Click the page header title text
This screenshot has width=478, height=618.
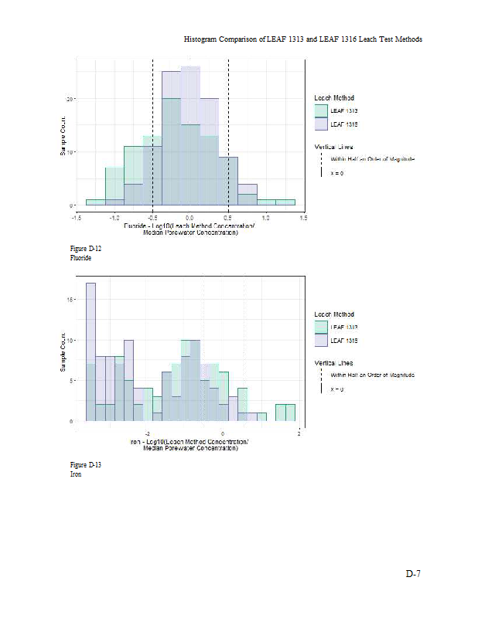(303, 39)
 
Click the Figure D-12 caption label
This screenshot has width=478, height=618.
(86, 249)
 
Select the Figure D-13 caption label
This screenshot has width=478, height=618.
(86, 465)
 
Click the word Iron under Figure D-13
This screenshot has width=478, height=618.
(76, 474)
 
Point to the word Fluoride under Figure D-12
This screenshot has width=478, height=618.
(80, 258)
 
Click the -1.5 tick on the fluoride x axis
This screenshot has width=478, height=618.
(77, 218)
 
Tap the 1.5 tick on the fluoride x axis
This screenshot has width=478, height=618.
(303, 218)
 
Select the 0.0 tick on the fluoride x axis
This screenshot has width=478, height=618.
(191, 218)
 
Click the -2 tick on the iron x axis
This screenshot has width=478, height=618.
(147, 434)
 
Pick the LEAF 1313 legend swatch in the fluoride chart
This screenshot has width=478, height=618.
(321, 111)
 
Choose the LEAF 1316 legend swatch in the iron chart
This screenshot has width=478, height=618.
(321, 340)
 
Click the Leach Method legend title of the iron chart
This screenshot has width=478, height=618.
(334, 314)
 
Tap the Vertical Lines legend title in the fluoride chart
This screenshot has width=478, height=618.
(334, 146)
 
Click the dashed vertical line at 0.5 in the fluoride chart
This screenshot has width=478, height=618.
(228, 131)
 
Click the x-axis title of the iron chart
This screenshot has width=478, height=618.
(190, 444)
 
